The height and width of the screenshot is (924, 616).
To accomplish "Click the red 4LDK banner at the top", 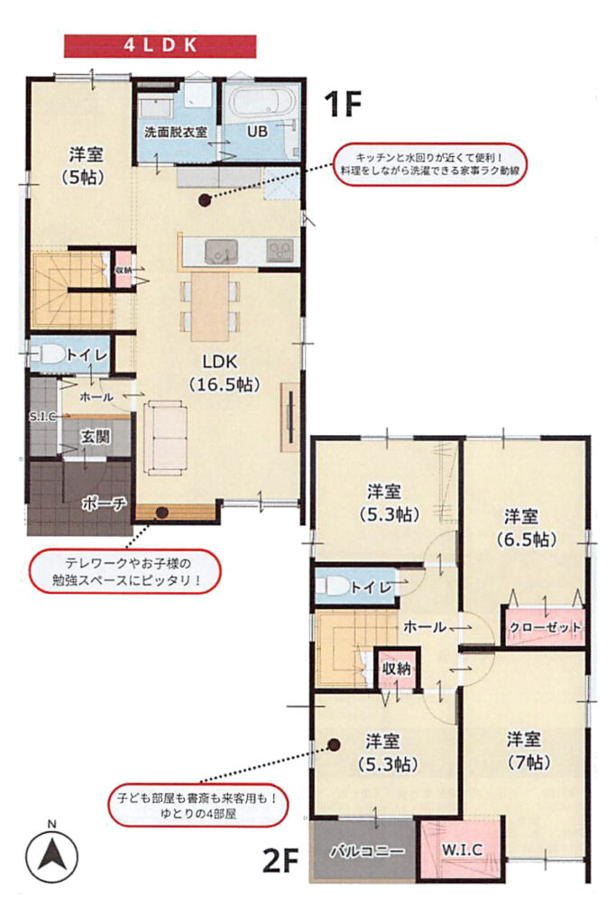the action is pos(160,46).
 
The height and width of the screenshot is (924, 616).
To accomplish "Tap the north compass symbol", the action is pos(51,855).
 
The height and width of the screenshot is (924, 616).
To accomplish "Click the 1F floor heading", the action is pos(342,105).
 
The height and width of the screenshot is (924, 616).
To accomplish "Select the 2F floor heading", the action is pos(280,862).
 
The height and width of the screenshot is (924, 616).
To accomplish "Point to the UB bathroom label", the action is pos(257,131).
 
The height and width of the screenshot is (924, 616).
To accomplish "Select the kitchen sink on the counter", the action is pos(222,252).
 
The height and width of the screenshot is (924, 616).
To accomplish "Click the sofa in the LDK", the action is pos(165,437).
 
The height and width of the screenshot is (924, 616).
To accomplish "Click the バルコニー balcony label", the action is pos(367,851).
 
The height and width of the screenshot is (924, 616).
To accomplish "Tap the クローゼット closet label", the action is pos(545,627).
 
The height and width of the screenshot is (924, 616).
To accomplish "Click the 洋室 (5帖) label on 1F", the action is pos(86,166).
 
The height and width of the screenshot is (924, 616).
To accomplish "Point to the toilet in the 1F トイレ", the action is pos(50,354).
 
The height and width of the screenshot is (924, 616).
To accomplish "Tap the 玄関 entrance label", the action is pos(95,437).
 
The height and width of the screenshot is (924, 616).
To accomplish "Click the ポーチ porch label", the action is pos(104,504).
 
